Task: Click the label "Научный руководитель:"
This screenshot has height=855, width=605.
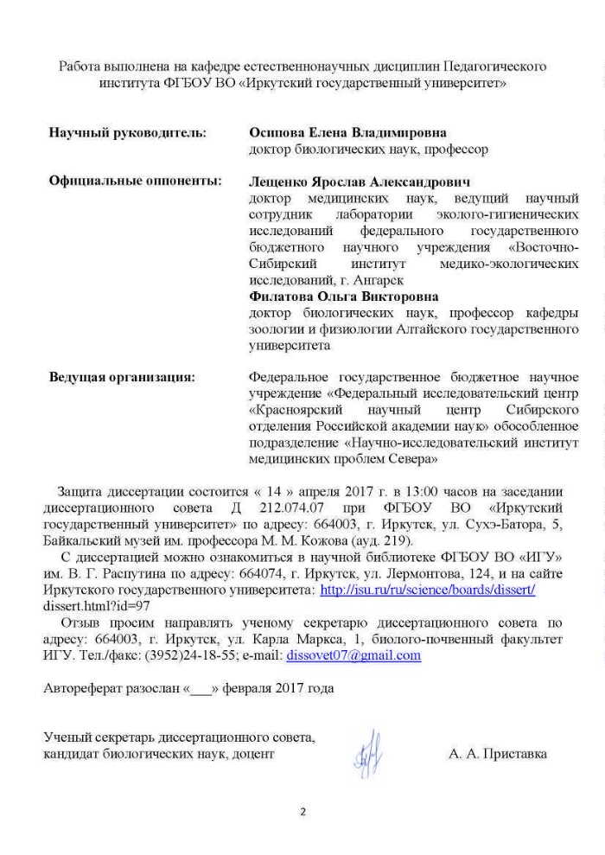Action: click(x=127, y=133)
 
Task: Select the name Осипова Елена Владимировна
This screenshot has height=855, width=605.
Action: click(x=347, y=133)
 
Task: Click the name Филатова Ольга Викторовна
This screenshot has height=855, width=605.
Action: click(x=343, y=297)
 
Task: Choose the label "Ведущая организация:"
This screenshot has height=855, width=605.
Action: click(x=121, y=377)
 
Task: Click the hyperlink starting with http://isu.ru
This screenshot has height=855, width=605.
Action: click(x=428, y=590)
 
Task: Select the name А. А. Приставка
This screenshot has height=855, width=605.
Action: click(x=498, y=754)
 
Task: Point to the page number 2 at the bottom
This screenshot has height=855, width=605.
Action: click(x=302, y=813)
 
